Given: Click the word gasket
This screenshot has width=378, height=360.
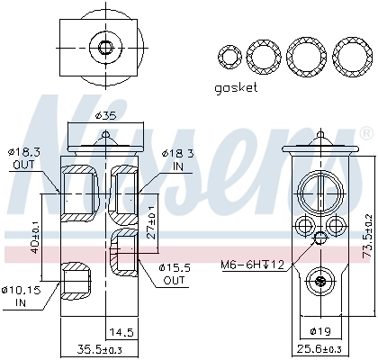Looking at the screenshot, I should (236, 87).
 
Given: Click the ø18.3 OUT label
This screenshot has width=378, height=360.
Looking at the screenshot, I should (24, 160).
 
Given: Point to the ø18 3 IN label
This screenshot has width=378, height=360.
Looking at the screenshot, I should (176, 160).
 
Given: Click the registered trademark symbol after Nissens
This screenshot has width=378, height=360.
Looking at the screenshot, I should (366, 132).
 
